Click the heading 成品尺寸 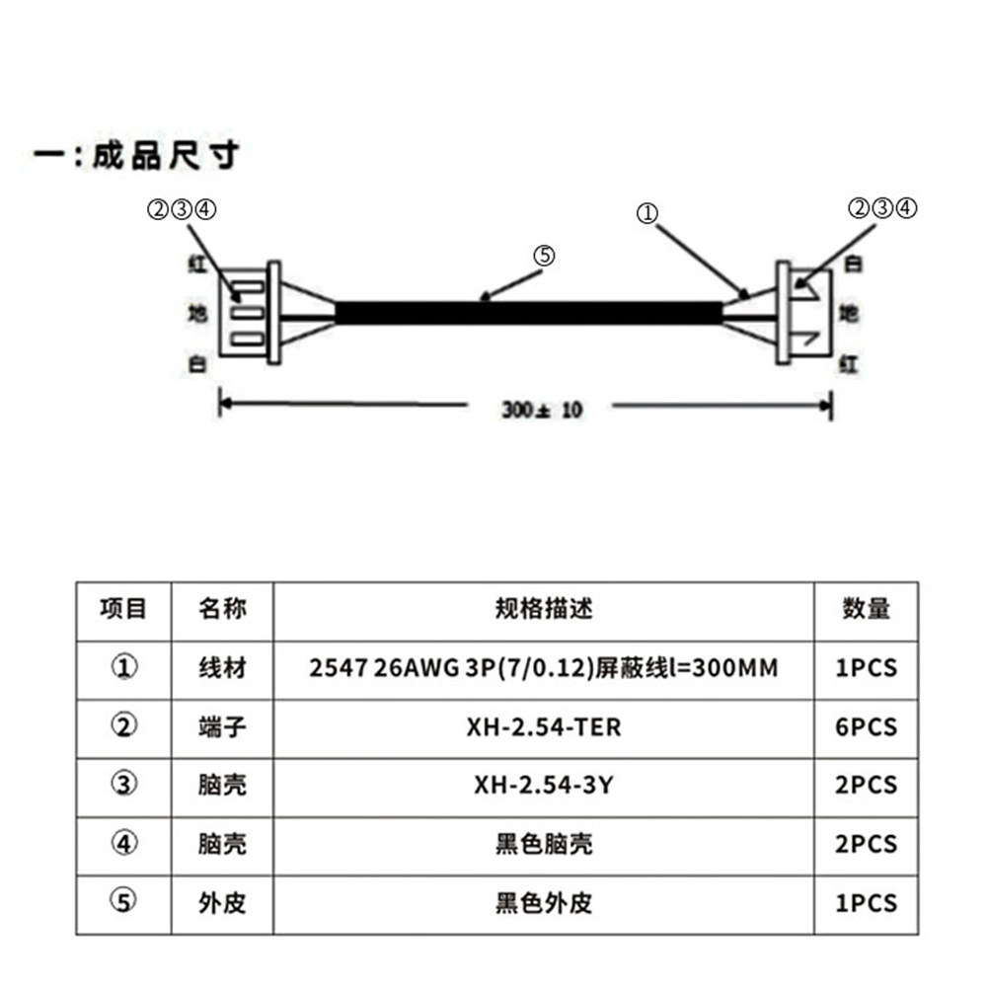point(167,155)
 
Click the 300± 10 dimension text point(542,410)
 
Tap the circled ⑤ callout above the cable point(545,256)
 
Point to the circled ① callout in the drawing point(647,214)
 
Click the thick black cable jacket point(529,313)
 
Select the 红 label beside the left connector point(197,264)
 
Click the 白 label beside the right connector point(853,264)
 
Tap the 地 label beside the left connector point(197,313)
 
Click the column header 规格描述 point(544,609)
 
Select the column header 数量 point(867,609)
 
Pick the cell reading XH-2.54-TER point(544,727)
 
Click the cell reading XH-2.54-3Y point(544,785)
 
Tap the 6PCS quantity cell point(867,727)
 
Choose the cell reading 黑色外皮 point(544,903)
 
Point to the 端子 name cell point(222,727)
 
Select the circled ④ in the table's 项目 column point(124,844)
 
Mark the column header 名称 point(222,609)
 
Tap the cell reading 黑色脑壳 point(544,844)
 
